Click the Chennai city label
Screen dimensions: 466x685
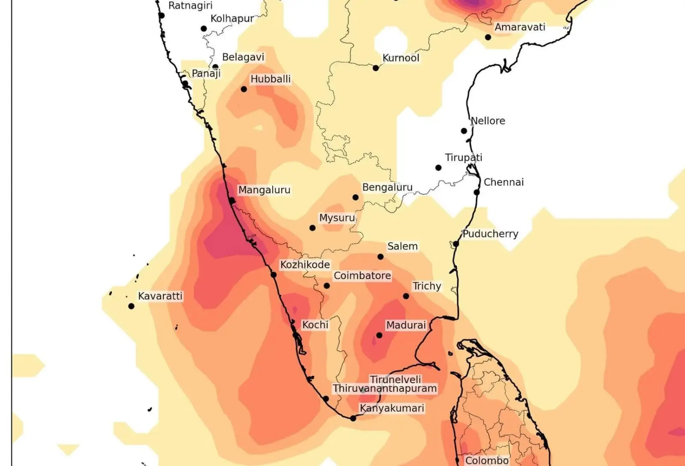[x=503, y=183]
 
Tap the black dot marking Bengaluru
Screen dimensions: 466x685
[x=355, y=198]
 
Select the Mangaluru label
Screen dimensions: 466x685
[x=264, y=190]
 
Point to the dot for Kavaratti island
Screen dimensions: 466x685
[x=131, y=306]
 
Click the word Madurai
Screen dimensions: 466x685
[x=406, y=325]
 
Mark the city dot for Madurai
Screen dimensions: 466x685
[x=379, y=336]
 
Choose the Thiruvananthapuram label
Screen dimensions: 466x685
[x=385, y=389]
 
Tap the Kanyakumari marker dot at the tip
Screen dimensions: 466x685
[x=353, y=419]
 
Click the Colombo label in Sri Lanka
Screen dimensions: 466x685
[x=487, y=460]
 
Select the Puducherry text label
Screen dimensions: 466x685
[x=490, y=234]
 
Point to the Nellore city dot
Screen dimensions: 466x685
[x=464, y=131]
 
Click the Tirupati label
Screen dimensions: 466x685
[x=464, y=158]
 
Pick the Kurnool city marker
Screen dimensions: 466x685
[x=375, y=68]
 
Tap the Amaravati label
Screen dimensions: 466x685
[x=520, y=27]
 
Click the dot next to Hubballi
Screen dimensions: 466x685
[x=244, y=89]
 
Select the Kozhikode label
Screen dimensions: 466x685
[x=305, y=265]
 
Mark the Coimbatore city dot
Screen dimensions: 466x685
[x=327, y=286]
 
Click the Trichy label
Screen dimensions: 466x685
[x=426, y=286]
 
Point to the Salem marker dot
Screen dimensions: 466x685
[x=381, y=257]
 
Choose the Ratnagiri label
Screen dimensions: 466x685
[x=190, y=6]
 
